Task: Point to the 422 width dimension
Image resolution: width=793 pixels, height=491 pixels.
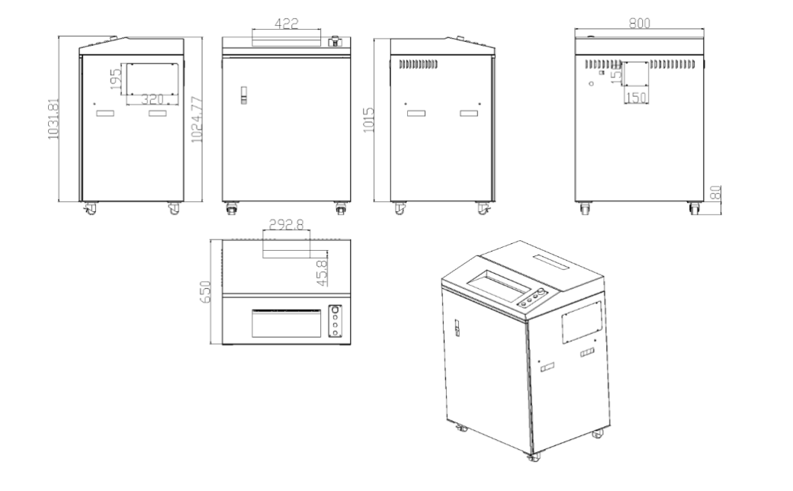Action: point(287,23)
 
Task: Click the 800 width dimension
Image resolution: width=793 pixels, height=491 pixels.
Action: point(639,24)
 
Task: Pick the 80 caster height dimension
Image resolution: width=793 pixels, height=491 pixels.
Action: point(716,194)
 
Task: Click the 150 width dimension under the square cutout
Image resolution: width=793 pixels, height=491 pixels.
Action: point(636,98)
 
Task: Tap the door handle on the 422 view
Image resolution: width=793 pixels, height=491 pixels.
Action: point(243,95)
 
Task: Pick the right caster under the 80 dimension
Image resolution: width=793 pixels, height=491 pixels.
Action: point(694,208)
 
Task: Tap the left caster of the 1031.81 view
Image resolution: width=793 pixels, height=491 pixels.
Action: point(90,207)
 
